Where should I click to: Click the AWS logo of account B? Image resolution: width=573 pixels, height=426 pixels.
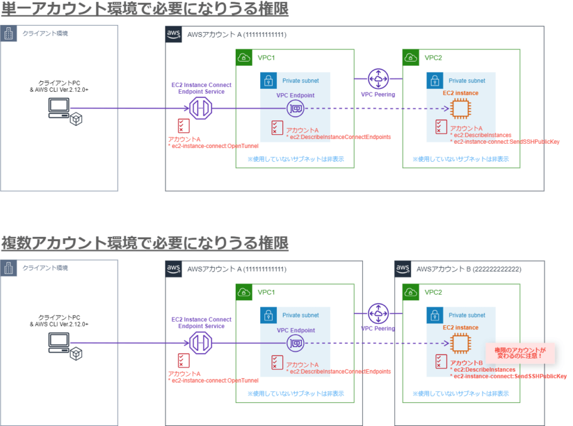403,268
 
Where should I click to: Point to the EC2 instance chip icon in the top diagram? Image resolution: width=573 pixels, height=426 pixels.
460,109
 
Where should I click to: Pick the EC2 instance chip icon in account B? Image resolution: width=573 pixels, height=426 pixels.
460,343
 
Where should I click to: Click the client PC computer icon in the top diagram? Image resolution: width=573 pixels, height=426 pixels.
58,107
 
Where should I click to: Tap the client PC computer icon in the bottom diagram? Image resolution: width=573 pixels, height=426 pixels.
58,342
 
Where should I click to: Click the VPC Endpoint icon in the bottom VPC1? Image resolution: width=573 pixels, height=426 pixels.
295,343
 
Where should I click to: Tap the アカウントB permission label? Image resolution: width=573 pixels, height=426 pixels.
466,363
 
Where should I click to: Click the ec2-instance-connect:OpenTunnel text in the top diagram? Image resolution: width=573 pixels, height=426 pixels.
213,146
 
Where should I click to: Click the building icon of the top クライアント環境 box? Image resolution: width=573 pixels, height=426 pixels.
8,33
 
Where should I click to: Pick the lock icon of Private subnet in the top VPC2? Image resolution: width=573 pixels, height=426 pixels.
435,81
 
